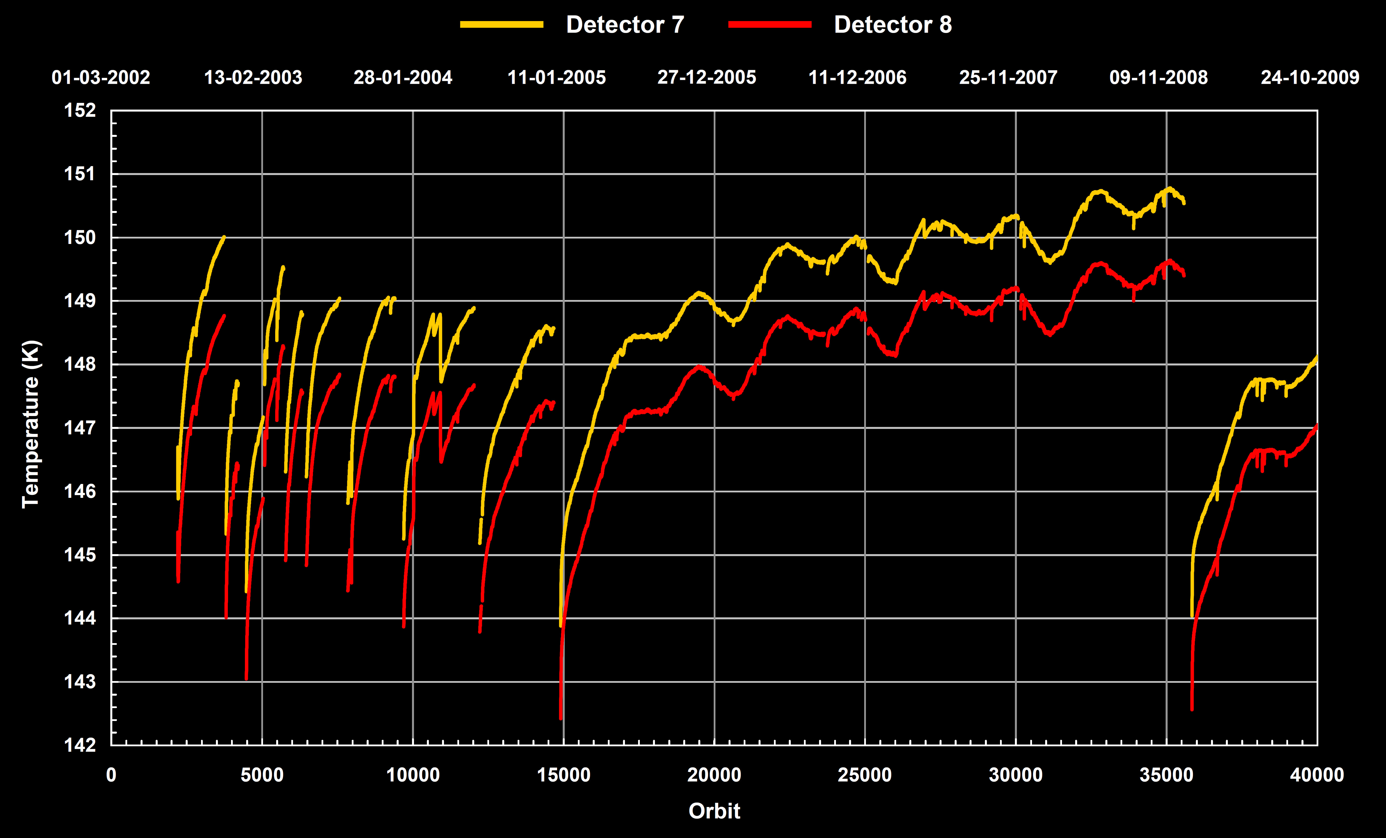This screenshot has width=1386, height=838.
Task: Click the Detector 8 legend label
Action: (x=893, y=25)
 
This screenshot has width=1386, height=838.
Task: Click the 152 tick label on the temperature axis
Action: (x=80, y=110)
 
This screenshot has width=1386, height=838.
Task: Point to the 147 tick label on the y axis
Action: (x=80, y=428)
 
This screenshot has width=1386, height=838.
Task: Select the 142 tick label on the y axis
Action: (x=80, y=745)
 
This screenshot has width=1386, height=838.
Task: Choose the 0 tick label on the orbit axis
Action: (x=111, y=775)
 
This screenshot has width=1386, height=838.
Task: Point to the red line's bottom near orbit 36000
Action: (x=1192, y=709)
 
